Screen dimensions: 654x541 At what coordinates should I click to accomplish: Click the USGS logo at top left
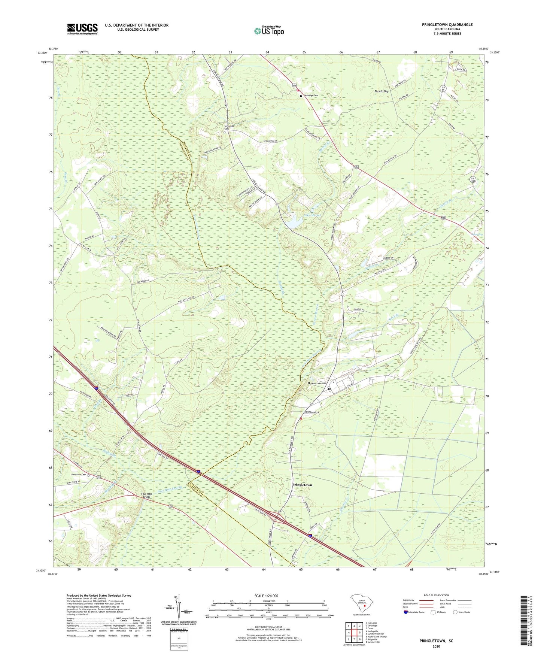(x=82, y=28)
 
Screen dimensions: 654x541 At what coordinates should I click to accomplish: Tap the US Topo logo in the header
(x=268, y=30)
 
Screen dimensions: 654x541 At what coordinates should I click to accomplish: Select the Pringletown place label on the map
(x=302, y=485)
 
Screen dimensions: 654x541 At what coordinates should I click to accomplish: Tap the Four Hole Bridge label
(x=147, y=495)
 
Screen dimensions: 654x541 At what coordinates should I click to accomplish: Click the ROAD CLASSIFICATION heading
(x=436, y=595)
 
